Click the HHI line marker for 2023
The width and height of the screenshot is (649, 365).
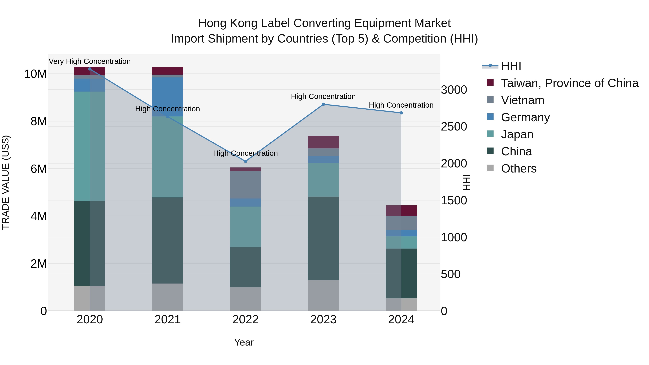coord(323,104)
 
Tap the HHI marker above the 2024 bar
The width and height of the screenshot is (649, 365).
coord(401,113)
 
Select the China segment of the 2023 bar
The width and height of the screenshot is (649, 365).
coord(323,238)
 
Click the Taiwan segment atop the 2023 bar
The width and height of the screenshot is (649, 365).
coord(323,142)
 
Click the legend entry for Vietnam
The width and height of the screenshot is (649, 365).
coord(522,100)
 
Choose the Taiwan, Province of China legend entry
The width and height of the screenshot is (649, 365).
coord(569,83)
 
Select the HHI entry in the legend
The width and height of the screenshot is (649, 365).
coord(511,66)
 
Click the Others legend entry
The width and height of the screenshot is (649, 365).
coord(518,169)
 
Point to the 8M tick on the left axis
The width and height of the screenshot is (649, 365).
coord(39,121)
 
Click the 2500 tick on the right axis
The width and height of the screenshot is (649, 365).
coord(454,127)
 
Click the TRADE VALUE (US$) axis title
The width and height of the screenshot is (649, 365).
coord(6,182)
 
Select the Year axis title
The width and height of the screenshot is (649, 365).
coord(244,342)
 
